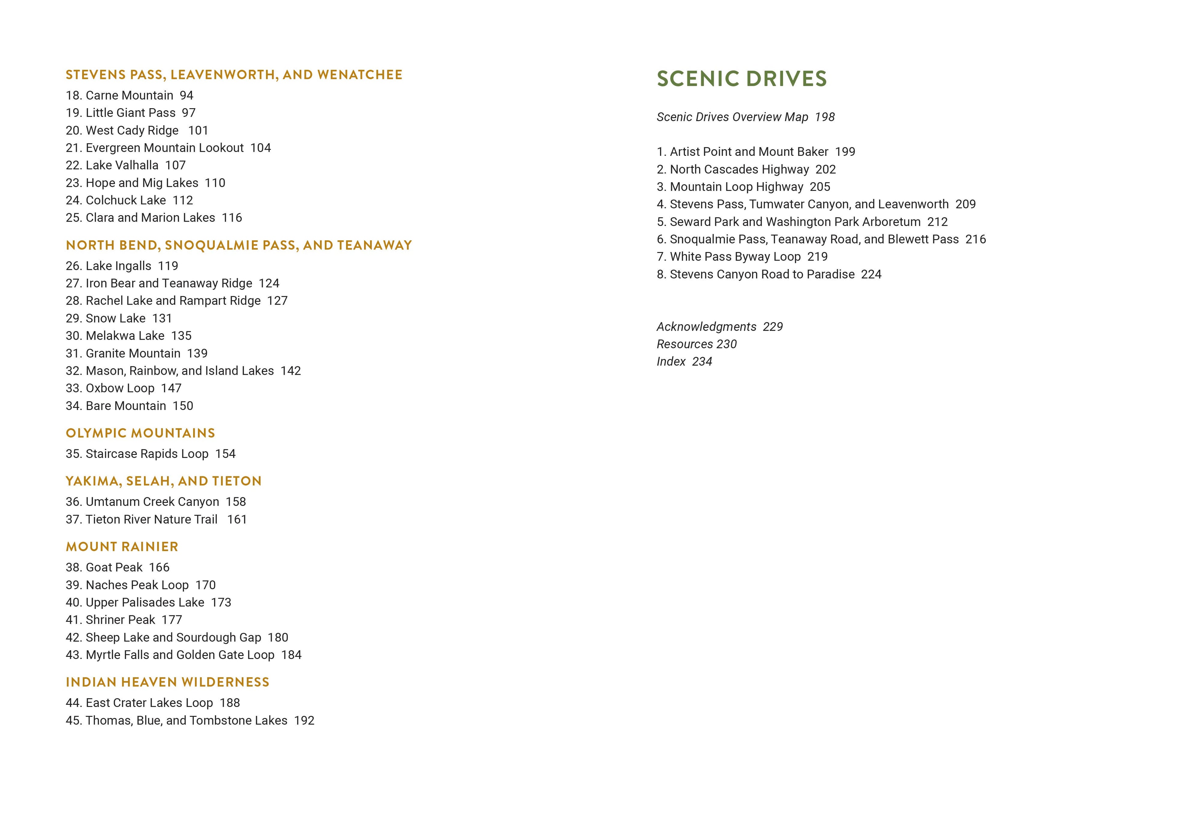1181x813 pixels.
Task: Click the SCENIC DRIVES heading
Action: tap(741, 78)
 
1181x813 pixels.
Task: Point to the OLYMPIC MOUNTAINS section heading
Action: tap(140, 433)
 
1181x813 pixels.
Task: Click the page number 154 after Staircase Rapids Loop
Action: tap(225, 454)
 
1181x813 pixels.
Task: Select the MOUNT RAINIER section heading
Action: tap(122, 547)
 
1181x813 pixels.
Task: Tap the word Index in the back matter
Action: tap(671, 362)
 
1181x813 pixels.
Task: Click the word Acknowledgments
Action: tap(706, 326)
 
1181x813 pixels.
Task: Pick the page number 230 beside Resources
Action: tap(726, 344)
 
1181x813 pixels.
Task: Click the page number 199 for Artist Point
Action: tap(845, 152)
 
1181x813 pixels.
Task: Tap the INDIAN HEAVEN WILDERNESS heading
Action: tap(167, 682)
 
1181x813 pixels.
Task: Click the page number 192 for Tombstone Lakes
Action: tap(304, 721)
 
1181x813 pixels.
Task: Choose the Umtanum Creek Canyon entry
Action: tap(152, 502)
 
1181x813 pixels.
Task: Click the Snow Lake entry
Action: tap(115, 318)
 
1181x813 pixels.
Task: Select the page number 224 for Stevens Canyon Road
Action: tap(871, 274)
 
